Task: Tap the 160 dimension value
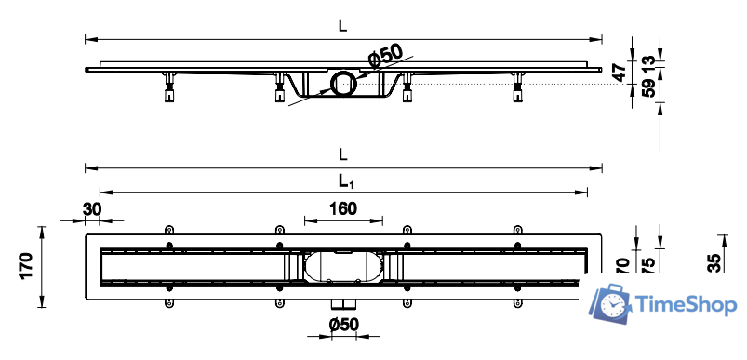coord(343,208)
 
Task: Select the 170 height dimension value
coord(27,266)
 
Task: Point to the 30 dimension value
coord(91,209)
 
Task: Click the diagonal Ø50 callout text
coord(386,55)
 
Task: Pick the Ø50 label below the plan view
coord(343,325)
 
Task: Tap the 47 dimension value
coord(620,73)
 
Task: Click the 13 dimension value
coord(648,63)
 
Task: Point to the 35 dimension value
coord(714,263)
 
